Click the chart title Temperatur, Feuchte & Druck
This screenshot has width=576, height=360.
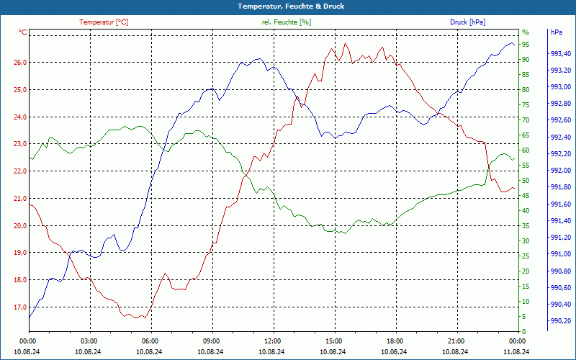(287, 6)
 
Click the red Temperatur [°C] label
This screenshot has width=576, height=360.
(104, 22)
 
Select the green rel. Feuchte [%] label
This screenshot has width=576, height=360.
(287, 22)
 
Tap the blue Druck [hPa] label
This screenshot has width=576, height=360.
(468, 22)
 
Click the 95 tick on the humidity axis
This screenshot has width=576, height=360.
(526, 44)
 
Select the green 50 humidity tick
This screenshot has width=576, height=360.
(526, 180)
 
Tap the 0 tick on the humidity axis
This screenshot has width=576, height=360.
(524, 331)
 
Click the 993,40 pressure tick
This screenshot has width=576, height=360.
(561, 54)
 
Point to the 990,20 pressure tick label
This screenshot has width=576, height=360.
(561, 321)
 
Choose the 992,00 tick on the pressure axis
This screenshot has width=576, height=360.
(561, 171)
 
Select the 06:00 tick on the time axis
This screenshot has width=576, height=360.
(150, 341)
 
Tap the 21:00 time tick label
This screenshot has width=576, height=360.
(456, 341)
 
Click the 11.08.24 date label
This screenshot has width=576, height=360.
(516, 351)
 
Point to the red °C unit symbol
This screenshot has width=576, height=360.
(23, 32)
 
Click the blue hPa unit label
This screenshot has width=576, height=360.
(557, 32)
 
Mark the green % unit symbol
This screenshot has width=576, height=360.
(525, 32)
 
